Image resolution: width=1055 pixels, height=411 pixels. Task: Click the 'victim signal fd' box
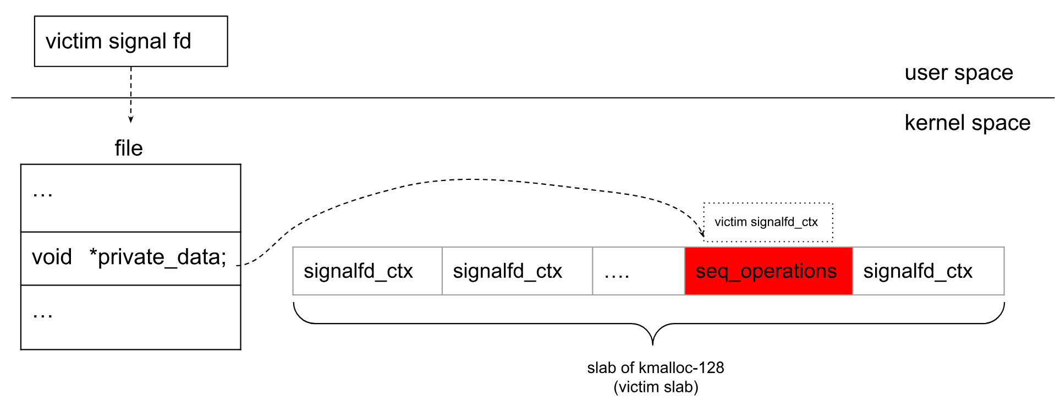[131, 41]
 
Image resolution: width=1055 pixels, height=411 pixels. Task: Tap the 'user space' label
[958, 73]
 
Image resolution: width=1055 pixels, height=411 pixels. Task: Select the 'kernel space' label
[967, 123]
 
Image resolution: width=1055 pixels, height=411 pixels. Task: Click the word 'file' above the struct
[129, 148]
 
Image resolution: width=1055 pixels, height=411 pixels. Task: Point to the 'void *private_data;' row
[131, 257]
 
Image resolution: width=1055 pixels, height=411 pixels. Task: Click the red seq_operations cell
[768, 271]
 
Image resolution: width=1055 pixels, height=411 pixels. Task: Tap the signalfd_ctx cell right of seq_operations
[928, 271]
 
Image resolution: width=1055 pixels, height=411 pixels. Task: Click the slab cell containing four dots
[638, 271]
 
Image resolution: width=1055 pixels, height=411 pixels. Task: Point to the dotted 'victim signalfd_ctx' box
[768, 222]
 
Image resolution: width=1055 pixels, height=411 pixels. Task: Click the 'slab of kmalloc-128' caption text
[655, 368]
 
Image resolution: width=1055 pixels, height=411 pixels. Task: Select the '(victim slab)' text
[655, 387]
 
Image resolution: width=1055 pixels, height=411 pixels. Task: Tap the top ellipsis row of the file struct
[131, 198]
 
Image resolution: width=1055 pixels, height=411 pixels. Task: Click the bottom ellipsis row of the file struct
[131, 317]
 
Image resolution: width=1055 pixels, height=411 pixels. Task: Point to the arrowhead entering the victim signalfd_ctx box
[702, 234]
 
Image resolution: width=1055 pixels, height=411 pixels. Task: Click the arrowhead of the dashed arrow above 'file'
[131, 119]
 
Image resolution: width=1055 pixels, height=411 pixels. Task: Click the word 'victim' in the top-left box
[74, 41]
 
